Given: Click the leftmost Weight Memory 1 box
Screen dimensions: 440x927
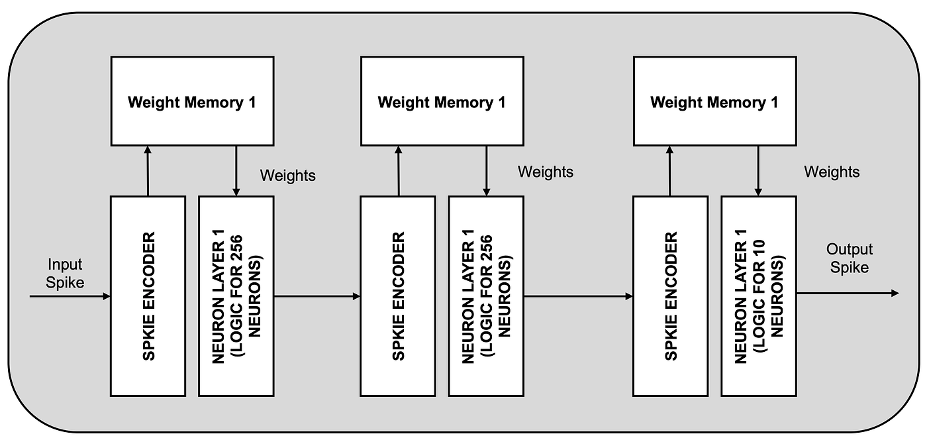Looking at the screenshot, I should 192,101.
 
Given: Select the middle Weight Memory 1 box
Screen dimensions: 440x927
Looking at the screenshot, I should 442,101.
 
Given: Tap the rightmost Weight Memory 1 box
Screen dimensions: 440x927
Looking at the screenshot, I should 714,101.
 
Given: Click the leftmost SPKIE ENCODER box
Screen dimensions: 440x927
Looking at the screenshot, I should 148,296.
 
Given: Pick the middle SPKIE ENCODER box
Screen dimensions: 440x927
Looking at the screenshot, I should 397,296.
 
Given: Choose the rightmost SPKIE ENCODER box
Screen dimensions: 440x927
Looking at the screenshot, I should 670,296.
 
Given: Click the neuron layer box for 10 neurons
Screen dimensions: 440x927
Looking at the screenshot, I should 759,296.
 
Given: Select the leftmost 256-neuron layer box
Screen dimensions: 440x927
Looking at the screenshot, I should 236,296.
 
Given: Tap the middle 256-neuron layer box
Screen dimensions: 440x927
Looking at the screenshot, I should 486,296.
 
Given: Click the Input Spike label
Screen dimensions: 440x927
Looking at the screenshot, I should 66,273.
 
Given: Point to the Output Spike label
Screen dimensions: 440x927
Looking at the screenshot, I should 850,258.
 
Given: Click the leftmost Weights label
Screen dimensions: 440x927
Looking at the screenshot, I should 287,176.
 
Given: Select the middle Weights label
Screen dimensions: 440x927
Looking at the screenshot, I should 545,172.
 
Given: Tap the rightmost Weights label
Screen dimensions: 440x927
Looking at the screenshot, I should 832,172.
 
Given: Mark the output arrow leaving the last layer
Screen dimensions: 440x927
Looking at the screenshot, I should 848,293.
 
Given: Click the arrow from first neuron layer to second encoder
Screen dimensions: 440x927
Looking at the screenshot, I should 317,296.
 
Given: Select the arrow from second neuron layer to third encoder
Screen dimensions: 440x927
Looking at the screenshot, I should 578,296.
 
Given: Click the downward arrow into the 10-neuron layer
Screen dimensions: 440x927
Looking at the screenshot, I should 758,171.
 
